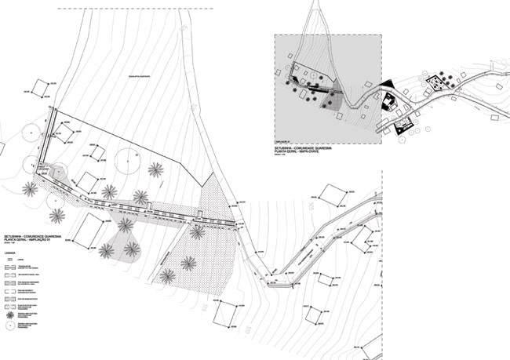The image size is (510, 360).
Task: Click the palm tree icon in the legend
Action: click(x=9, y=311)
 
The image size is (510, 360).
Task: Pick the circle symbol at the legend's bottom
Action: click(x=9, y=324)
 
